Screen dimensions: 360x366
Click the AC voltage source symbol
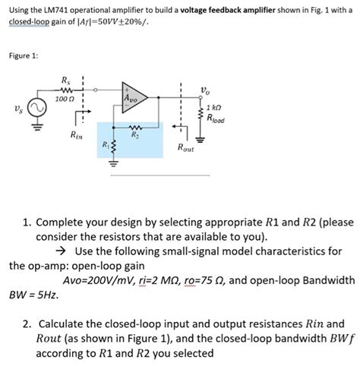pos(37,108)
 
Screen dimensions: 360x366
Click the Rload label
pos(216,118)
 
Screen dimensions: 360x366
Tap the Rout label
pos(186,147)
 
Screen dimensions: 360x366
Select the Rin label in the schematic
pos(77,135)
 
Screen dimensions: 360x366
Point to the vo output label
pos(205,90)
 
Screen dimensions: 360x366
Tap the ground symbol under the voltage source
pos(37,126)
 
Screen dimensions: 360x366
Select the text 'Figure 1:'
pos(24,55)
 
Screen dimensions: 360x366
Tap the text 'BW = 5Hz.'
pos(34,295)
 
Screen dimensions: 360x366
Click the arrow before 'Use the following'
pos(62,251)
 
